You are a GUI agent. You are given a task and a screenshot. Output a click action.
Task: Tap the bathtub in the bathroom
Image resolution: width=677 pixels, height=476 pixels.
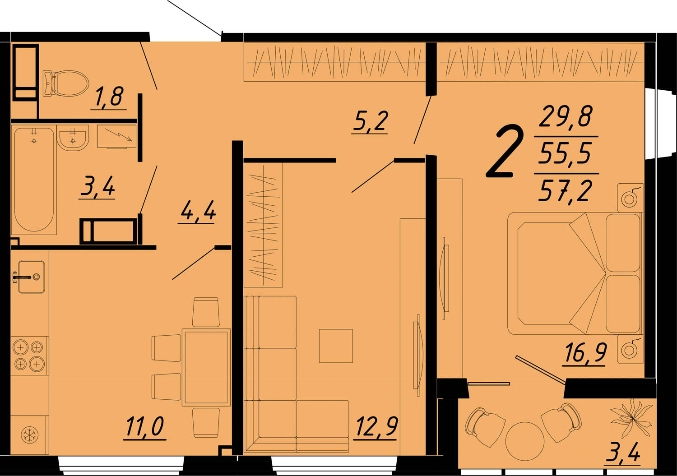pyautogui.click(x=34, y=180)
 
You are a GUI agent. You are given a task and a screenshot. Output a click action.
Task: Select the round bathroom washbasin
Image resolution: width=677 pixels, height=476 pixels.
pyautogui.click(x=73, y=138)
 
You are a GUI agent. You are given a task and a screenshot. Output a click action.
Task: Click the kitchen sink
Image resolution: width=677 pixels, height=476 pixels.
pyautogui.click(x=32, y=277)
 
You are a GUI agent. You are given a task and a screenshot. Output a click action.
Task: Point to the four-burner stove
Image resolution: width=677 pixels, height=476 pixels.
pyautogui.click(x=29, y=356)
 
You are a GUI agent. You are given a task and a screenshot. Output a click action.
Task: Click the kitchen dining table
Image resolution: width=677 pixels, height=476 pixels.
pyautogui.click(x=206, y=367)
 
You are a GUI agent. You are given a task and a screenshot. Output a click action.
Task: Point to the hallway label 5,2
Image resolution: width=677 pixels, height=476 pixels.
pyautogui.click(x=370, y=121)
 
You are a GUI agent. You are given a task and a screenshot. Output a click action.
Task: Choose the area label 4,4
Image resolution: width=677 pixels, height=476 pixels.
pyautogui.click(x=197, y=211)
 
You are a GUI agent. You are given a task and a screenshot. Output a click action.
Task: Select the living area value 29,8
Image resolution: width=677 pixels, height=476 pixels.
pyautogui.click(x=566, y=116)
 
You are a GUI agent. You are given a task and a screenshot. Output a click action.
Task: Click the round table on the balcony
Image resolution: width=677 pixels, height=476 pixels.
pyautogui.click(x=524, y=441)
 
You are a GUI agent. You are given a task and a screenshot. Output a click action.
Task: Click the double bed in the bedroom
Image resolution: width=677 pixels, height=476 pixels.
pyautogui.click(x=574, y=273)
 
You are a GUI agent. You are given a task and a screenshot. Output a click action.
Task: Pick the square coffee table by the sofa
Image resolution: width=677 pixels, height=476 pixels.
pyautogui.click(x=336, y=346)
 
